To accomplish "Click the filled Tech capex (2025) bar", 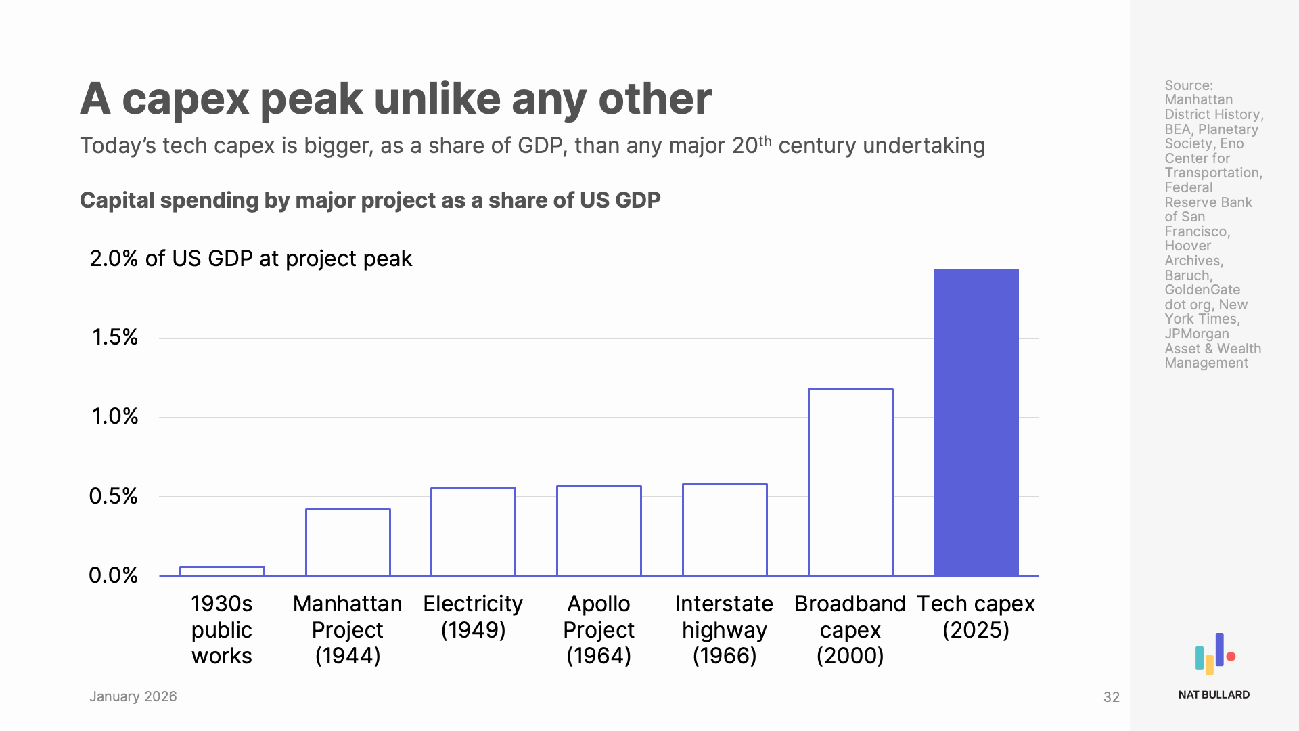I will pyautogui.click(x=976, y=422).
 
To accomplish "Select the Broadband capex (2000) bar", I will pyautogui.click(x=850, y=482).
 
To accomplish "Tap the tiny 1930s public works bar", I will pyautogui.click(x=222, y=571).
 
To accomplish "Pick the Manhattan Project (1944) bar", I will pyautogui.click(x=348, y=542).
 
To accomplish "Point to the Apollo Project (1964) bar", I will pyautogui.click(x=599, y=531).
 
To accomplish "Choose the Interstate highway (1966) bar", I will pyautogui.click(x=725, y=530).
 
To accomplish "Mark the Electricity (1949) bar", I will pyautogui.click(x=473, y=532).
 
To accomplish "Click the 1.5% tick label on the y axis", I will pyautogui.click(x=114, y=337).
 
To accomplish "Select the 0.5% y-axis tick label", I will pyautogui.click(x=113, y=496).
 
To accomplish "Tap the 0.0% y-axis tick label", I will pyautogui.click(x=113, y=575).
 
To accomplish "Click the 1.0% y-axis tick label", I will pyautogui.click(x=114, y=416).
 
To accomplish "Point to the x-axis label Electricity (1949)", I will pyautogui.click(x=473, y=616).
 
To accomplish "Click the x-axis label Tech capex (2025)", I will pyautogui.click(x=976, y=616).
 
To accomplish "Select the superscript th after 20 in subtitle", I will pyautogui.click(x=765, y=141).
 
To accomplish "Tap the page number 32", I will pyautogui.click(x=1111, y=697).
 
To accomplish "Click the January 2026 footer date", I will pyautogui.click(x=133, y=696).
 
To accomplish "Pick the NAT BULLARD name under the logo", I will pyautogui.click(x=1214, y=695).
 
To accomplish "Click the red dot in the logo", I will pyautogui.click(x=1231, y=657).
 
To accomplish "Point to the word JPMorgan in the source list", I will pyautogui.click(x=1196, y=334).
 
